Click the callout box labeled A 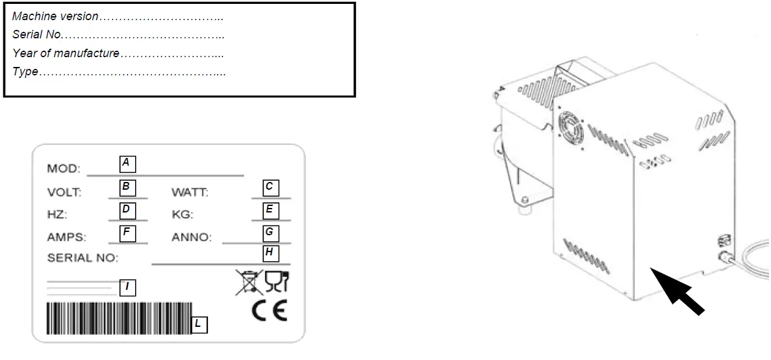(x=127, y=162)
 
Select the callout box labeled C (x=270, y=187)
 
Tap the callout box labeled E (x=270, y=210)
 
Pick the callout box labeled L (x=200, y=324)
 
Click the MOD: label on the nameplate (x=64, y=169)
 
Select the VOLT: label (x=64, y=192)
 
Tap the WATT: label (x=190, y=192)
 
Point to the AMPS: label (x=66, y=237)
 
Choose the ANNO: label (x=192, y=237)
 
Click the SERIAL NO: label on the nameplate (x=82, y=258)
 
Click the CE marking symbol (x=269, y=312)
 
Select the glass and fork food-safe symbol (x=277, y=282)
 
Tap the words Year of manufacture (x=66, y=53)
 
